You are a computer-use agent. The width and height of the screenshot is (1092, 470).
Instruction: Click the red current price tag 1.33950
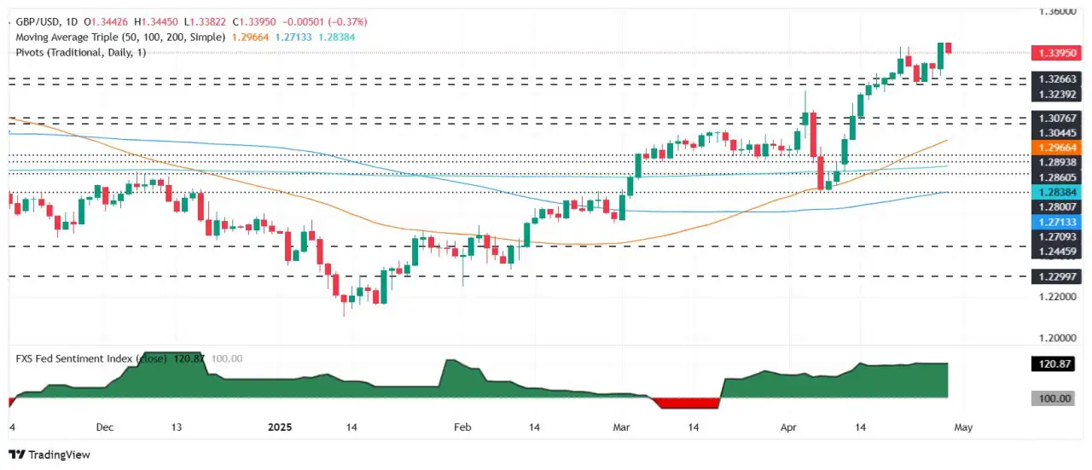tap(1058, 52)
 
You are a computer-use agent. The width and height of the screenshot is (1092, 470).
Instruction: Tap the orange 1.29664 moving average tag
tap(1058, 148)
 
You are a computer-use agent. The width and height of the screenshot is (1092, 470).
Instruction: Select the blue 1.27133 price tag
tap(1058, 221)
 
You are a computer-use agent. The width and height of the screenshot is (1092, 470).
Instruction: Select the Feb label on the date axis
tap(462, 426)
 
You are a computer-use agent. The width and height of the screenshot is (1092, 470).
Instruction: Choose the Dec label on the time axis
tap(105, 426)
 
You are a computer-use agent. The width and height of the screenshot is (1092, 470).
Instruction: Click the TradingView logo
tap(49, 455)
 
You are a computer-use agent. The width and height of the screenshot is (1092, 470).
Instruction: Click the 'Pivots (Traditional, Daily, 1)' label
tap(82, 52)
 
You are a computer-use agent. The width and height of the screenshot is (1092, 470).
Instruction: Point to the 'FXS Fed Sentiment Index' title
tap(73, 359)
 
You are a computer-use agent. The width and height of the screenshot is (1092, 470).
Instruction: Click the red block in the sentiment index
tap(688, 403)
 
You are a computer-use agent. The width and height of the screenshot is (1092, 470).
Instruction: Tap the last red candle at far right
tap(949, 48)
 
